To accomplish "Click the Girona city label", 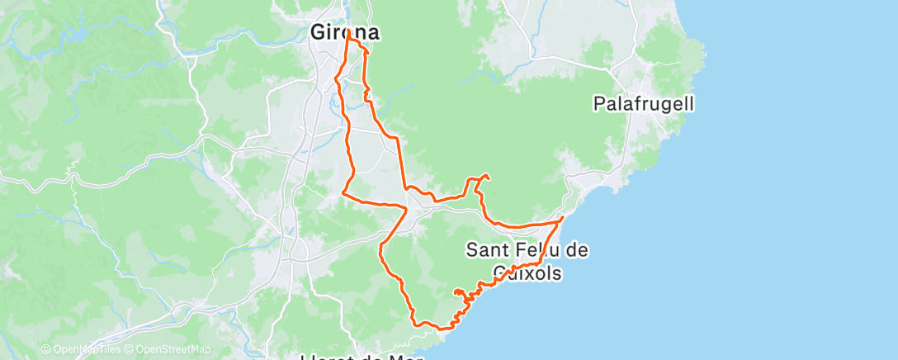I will point(345,33).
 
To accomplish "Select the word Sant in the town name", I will point(487,249).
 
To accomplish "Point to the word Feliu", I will point(539,249).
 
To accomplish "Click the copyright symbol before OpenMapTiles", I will point(45,349).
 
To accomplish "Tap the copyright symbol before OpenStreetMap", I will point(129,349).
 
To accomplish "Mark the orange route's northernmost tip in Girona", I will point(348,31).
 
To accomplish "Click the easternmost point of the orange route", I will point(563,217).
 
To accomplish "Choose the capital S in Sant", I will point(473,249).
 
